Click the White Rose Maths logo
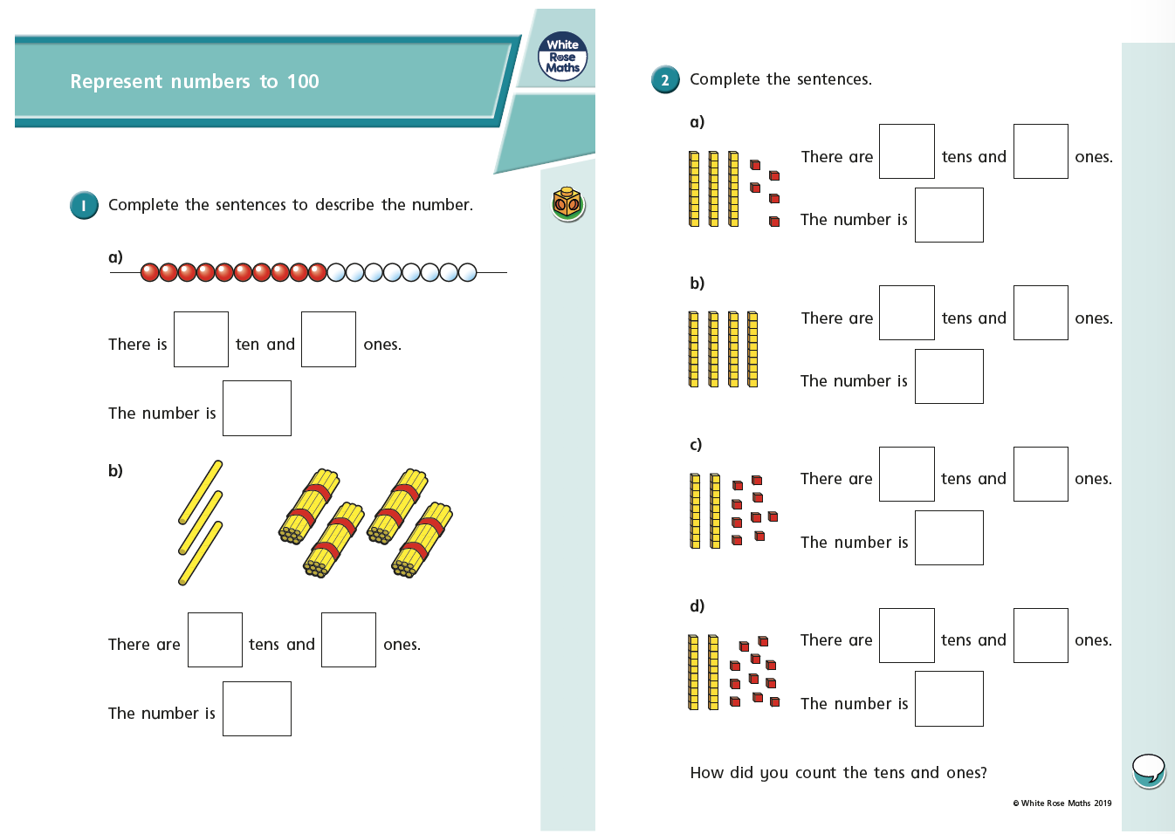tap(562, 57)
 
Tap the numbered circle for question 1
tap(84, 205)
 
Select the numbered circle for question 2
tap(665, 79)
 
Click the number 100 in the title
tap(303, 81)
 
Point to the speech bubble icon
tap(1148, 770)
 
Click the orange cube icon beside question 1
tap(568, 203)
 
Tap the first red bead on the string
tap(149, 272)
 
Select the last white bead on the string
tap(467, 272)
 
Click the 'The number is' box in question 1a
tap(257, 408)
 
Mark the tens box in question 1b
tap(215, 640)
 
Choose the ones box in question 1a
tap(328, 339)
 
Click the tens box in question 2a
tap(906, 152)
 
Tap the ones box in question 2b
tap(1041, 313)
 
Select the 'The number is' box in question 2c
tap(949, 538)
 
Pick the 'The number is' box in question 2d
tap(949, 699)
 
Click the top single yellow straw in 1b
tap(201, 492)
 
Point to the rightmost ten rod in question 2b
tap(752, 349)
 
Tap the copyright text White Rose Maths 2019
tap(1062, 803)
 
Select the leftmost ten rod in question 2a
tap(694, 188)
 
